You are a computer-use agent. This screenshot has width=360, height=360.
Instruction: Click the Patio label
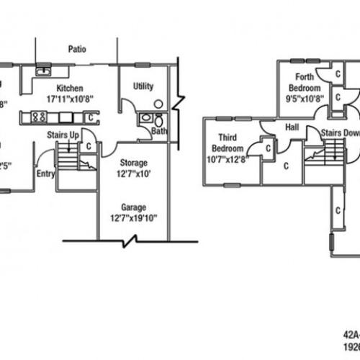(x=78, y=50)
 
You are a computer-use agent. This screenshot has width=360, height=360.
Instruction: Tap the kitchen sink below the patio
(x=44, y=71)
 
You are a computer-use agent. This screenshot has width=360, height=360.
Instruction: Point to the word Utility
(x=143, y=86)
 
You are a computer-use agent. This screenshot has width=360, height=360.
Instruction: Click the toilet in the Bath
(x=147, y=119)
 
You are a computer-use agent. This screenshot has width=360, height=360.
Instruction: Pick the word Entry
(x=45, y=173)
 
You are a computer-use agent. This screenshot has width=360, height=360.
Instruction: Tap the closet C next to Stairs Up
(x=88, y=145)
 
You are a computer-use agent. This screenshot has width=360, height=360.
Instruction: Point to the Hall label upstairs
(x=292, y=127)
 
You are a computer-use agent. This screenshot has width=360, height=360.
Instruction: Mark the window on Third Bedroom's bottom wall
(x=232, y=185)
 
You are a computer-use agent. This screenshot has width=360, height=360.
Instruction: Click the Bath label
(x=159, y=130)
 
